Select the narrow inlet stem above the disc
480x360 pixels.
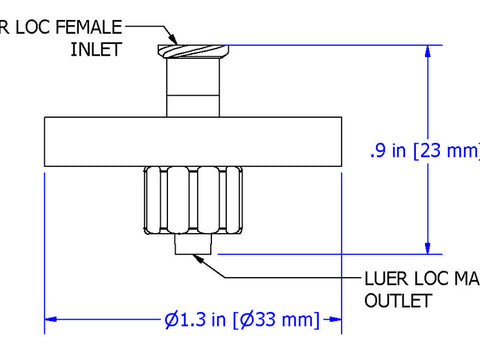click(193, 88)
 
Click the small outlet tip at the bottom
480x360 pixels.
click(192, 246)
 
